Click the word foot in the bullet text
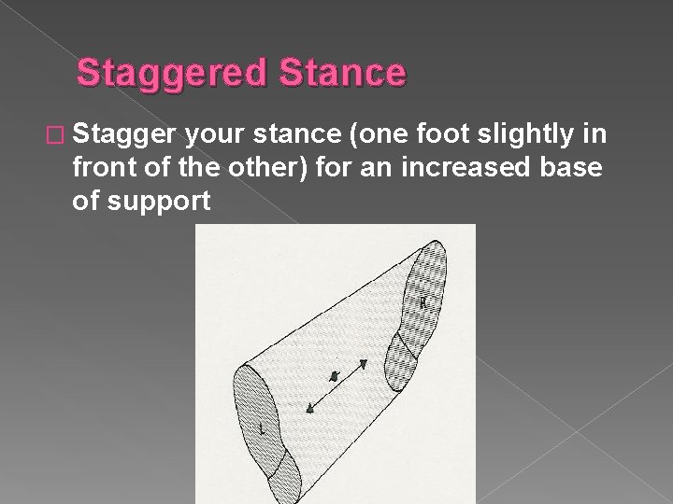(x=443, y=136)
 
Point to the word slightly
(x=530, y=136)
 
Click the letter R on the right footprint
(x=423, y=302)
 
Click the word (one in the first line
(x=378, y=136)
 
